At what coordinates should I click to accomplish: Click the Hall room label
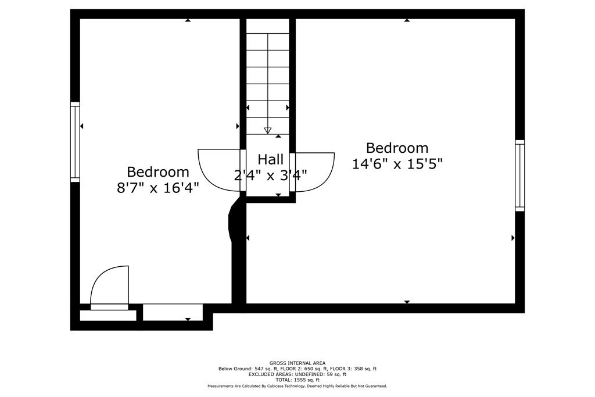[x=271, y=159]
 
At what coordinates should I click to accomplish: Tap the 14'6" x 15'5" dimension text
[x=397, y=164]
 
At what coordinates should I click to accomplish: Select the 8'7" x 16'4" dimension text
[x=157, y=188]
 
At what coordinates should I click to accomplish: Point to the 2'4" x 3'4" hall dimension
[x=271, y=175]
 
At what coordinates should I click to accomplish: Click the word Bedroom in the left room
[x=157, y=172]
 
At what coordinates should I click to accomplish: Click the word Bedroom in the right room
[x=397, y=148]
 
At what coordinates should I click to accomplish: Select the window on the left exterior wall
[x=75, y=141]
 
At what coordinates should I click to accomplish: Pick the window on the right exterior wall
[x=519, y=175]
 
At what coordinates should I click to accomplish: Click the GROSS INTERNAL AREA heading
[x=297, y=363]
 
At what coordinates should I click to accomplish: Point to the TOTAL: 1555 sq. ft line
[x=297, y=380]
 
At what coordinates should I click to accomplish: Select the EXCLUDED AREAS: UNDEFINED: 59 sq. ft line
[x=297, y=374]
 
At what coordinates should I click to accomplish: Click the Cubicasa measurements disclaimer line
[x=297, y=386]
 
